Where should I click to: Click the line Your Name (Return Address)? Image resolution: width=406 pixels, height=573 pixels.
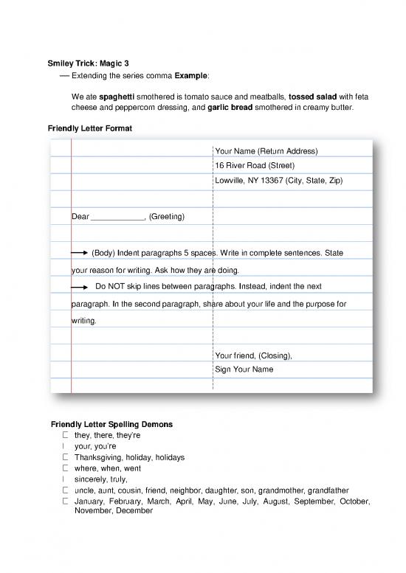[266, 152]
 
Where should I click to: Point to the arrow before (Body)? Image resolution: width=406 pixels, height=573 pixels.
[80, 253]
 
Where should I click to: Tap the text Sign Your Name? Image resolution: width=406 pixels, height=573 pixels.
[244, 369]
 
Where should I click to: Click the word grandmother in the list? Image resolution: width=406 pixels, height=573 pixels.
[292, 490]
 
